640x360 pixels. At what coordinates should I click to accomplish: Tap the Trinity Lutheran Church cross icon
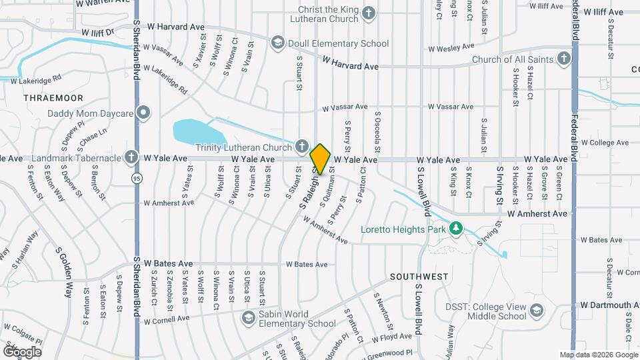click(301, 146)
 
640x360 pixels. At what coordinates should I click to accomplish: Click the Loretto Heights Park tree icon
click(456, 229)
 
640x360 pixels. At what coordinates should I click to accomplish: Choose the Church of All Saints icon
click(564, 59)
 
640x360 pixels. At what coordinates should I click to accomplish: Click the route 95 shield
click(136, 179)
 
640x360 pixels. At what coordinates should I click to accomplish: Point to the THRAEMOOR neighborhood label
click(53, 98)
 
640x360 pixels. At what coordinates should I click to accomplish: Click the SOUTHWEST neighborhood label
click(419, 276)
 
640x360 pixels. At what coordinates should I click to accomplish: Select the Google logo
click(22, 351)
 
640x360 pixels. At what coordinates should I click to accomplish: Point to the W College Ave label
click(605, 143)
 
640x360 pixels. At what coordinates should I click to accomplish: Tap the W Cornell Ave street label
click(167, 319)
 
